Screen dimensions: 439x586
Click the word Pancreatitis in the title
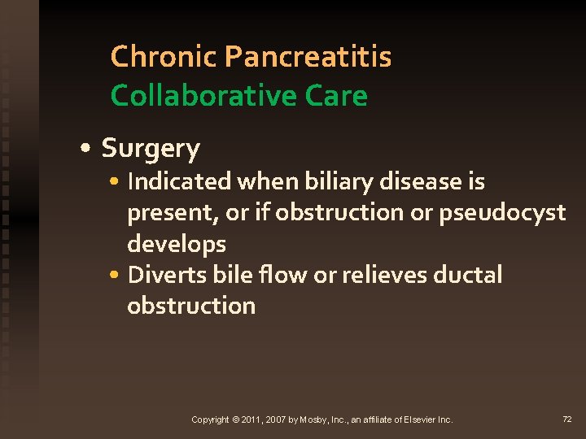[308, 57]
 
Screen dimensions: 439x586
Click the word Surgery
[151, 149]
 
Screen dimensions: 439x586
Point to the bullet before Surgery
[85, 150]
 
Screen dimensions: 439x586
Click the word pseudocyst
[502, 213]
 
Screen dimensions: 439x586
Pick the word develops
[177, 244]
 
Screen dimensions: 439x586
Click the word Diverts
[160, 275]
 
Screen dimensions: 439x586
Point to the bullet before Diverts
[119, 276]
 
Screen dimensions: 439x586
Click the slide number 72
[567, 419]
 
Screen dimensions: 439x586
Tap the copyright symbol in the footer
[236, 419]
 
